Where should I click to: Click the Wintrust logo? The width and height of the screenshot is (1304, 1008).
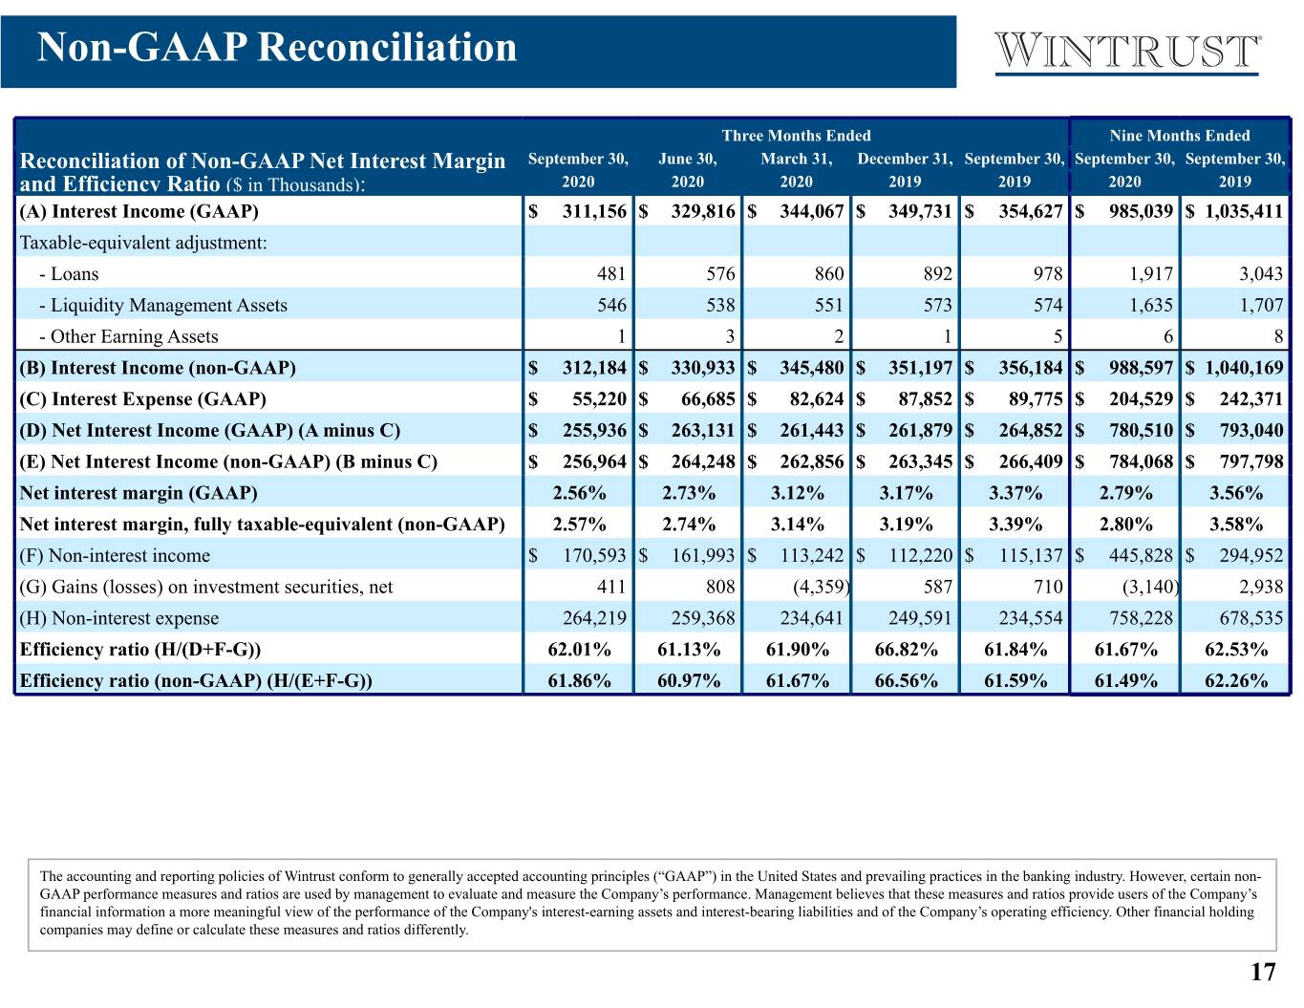pos(1127,54)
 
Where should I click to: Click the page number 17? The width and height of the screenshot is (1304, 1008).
pos(1263,972)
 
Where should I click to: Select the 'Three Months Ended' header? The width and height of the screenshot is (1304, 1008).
pos(796,136)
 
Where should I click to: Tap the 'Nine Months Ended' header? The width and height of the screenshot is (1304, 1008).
pos(1179,136)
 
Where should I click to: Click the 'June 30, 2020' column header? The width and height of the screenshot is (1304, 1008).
pos(688,170)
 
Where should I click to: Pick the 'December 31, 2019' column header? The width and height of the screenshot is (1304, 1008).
pos(905,170)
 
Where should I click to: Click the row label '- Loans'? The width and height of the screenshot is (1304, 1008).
pos(69,273)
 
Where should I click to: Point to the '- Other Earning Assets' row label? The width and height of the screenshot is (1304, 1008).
pos(128,336)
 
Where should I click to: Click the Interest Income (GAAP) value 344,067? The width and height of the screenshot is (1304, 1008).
pos(811,211)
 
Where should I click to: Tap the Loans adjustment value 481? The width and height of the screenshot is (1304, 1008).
pos(610,273)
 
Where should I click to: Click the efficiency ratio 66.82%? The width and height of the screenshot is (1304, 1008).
pos(906,649)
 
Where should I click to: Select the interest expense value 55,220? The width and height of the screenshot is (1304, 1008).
pos(599,399)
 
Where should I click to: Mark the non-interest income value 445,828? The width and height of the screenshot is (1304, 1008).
pos(1141,555)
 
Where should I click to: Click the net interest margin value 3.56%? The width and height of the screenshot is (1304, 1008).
pos(1235,493)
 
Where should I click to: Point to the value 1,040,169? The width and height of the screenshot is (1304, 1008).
pos(1244,367)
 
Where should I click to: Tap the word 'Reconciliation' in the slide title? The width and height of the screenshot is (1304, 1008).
pos(387,48)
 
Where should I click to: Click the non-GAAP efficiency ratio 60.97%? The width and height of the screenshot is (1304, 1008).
pos(689,680)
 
